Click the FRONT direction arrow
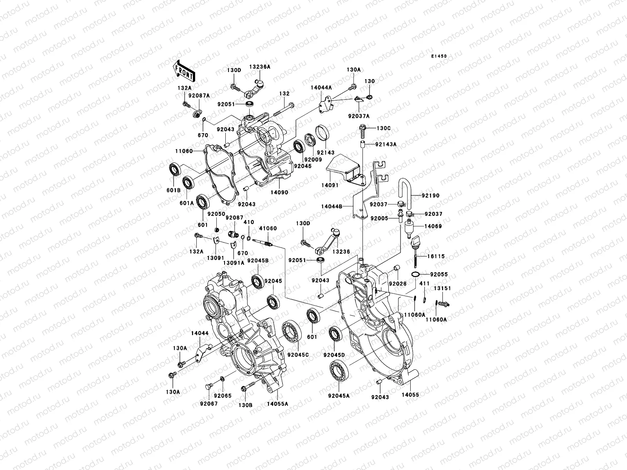184,71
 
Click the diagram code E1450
439,56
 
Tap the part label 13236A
260,67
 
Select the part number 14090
279,192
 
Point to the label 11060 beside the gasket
184,151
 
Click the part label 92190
430,195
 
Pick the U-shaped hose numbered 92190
405,193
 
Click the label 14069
433,226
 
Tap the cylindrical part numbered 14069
410,228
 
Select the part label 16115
436,256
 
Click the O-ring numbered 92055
416,275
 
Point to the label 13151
442,288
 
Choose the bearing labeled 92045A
339,372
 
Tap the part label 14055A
278,404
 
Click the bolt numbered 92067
208,387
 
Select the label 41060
268,228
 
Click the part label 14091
330,185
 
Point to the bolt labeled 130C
363,130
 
